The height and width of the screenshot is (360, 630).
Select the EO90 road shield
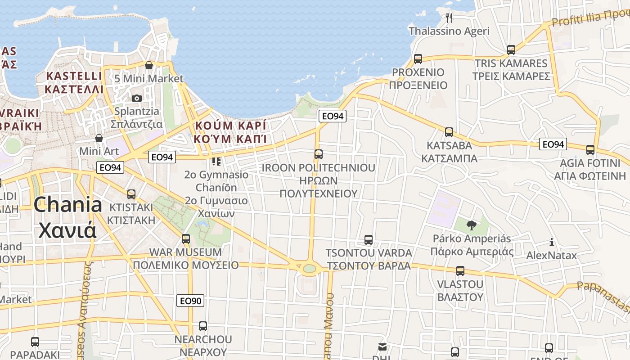191,300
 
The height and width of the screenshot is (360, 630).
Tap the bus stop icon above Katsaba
449,132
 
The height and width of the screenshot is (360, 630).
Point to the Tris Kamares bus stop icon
511,50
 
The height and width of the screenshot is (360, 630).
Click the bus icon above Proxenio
418,59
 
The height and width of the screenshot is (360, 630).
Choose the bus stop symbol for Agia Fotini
590,150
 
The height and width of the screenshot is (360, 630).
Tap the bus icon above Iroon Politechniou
318,154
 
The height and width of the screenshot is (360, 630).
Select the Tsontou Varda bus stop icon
368,240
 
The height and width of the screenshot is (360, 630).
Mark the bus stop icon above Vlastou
460,271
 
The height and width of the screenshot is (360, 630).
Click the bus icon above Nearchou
203,326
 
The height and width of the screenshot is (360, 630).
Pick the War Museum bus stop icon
185,238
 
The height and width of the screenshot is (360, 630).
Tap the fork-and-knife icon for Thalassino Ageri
448,18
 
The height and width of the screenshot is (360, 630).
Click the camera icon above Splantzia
136,98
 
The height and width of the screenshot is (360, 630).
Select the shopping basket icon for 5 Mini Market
149,65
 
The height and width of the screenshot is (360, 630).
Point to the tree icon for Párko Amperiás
471,225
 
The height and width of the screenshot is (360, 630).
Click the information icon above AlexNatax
552,243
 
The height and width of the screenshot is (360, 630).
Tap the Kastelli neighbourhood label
74,82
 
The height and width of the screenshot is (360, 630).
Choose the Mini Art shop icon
99,138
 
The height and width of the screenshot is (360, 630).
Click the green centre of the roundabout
309,269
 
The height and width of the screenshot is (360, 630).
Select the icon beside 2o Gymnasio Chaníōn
216,161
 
